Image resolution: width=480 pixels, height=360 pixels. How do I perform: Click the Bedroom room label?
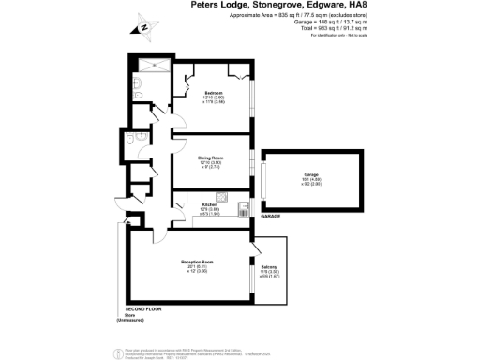tap(213, 93)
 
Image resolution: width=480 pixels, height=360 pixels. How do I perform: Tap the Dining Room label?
tap(209, 158)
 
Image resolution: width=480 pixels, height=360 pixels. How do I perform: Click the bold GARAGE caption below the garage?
tap(271, 216)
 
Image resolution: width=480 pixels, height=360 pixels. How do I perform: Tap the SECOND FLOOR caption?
tap(144, 309)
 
